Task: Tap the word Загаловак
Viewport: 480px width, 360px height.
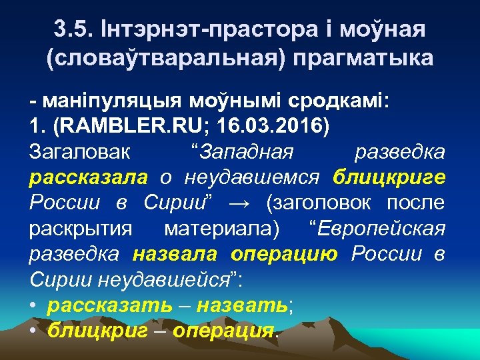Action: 80,153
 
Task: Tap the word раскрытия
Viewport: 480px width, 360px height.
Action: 81,229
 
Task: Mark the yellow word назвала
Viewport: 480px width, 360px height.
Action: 175,254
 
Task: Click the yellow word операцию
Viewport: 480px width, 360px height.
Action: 287,254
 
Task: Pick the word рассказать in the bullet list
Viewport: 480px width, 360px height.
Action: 101,305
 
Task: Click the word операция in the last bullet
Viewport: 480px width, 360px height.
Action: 223,330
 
